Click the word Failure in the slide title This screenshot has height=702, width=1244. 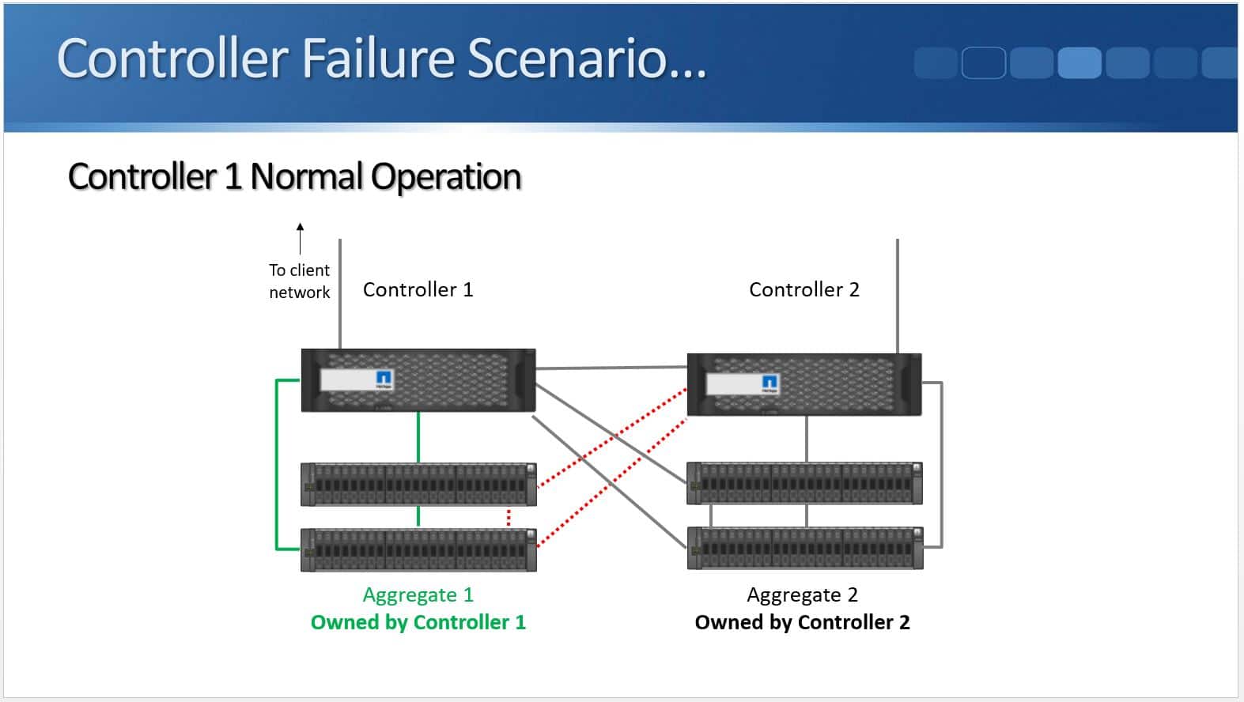pyautogui.click(x=379, y=58)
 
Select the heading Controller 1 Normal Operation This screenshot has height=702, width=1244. pyautogui.click(x=294, y=176)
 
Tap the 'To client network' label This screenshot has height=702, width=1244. pyautogui.click(x=299, y=281)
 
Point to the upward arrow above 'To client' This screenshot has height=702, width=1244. pyautogui.click(x=300, y=237)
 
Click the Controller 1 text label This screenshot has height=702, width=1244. pyautogui.click(x=418, y=289)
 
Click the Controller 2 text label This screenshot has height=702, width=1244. pyautogui.click(x=803, y=289)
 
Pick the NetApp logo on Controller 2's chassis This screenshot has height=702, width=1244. pyautogui.click(x=769, y=383)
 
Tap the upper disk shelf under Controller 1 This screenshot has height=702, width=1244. pyautogui.click(x=418, y=484)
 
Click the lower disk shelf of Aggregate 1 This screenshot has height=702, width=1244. pyautogui.click(x=418, y=549)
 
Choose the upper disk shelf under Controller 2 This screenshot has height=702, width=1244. pyautogui.click(x=804, y=483)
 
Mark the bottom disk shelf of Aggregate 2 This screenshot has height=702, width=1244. pyautogui.click(x=804, y=547)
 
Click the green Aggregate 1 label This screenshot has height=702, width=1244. pyautogui.click(x=418, y=594)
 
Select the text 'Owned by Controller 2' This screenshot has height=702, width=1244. pyautogui.click(x=802, y=622)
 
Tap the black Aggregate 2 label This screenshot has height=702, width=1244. pyautogui.click(x=802, y=594)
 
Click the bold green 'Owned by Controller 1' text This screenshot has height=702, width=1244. pyautogui.click(x=418, y=622)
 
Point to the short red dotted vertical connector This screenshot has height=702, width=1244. pyautogui.click(x=509, y=518)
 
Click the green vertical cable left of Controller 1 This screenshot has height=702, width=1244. pyautogui.click(x=277, y=463)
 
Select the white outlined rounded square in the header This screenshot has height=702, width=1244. pyautogui.click(x=983, y=62)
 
